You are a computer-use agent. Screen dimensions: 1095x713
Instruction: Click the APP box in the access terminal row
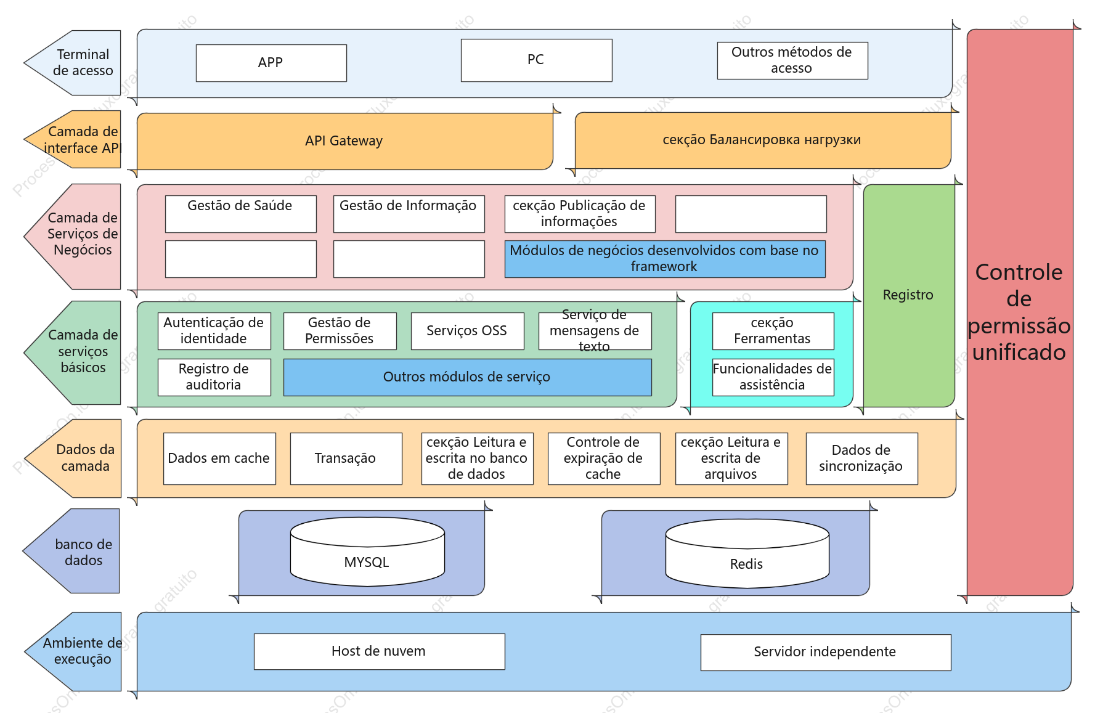pos(271,63)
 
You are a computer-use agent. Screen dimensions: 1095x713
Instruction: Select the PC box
pos(536,60)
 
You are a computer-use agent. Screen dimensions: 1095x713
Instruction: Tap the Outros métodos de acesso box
pos(792,60)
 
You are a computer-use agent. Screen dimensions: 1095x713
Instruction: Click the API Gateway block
pos(344,141)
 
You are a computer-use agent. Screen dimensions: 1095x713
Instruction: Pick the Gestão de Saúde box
pos(240,214)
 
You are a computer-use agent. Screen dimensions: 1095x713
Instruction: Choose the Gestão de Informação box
pos(409,214)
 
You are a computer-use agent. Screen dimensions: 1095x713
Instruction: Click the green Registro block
pos(909,295)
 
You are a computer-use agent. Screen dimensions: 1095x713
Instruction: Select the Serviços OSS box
pos(467,331)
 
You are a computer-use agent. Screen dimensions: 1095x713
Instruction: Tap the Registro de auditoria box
pos(214,377)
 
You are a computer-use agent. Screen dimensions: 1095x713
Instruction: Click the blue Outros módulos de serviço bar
pos(467,377)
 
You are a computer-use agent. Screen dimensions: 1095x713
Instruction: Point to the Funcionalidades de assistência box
pos(773,377)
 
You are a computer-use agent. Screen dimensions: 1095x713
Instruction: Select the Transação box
pos(346,458)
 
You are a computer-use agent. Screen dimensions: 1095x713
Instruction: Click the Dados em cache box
pos(219,458)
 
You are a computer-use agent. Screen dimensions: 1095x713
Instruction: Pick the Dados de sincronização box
pos(861,458)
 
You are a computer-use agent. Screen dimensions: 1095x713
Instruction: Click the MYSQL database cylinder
pos(367,552)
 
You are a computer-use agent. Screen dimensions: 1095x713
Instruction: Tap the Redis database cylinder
pos(747,553)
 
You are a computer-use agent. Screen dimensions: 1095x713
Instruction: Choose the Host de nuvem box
pos(379,651)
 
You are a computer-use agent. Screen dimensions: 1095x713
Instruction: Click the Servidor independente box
pos(826,652)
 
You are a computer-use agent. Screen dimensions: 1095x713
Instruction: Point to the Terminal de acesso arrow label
pos(73,63)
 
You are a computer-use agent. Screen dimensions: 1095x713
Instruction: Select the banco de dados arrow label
pos(71,552)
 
